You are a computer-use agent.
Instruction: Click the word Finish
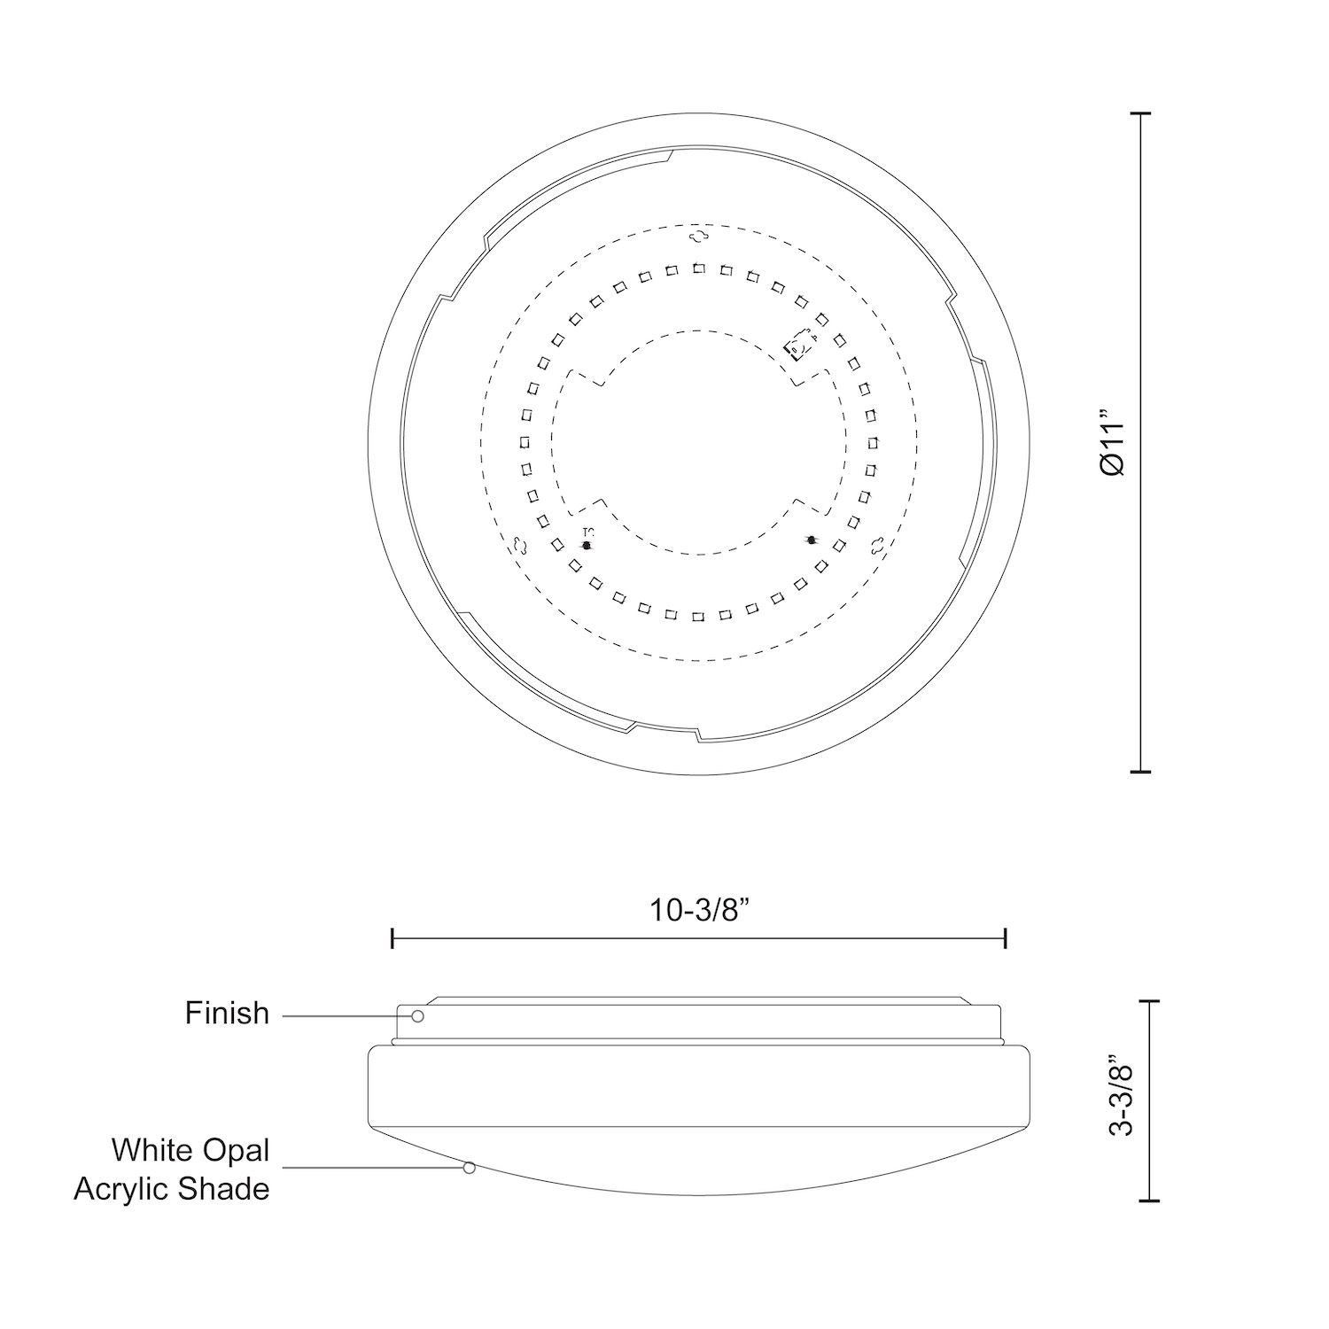pos(227,1013)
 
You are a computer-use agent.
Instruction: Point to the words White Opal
pos(190,1150)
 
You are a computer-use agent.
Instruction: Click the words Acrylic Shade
pos(172,1188)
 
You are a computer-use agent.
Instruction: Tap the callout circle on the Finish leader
pos(417,1016)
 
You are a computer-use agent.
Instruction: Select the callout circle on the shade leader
pos(470,1168)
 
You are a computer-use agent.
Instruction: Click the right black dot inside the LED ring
pos(811,540)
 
